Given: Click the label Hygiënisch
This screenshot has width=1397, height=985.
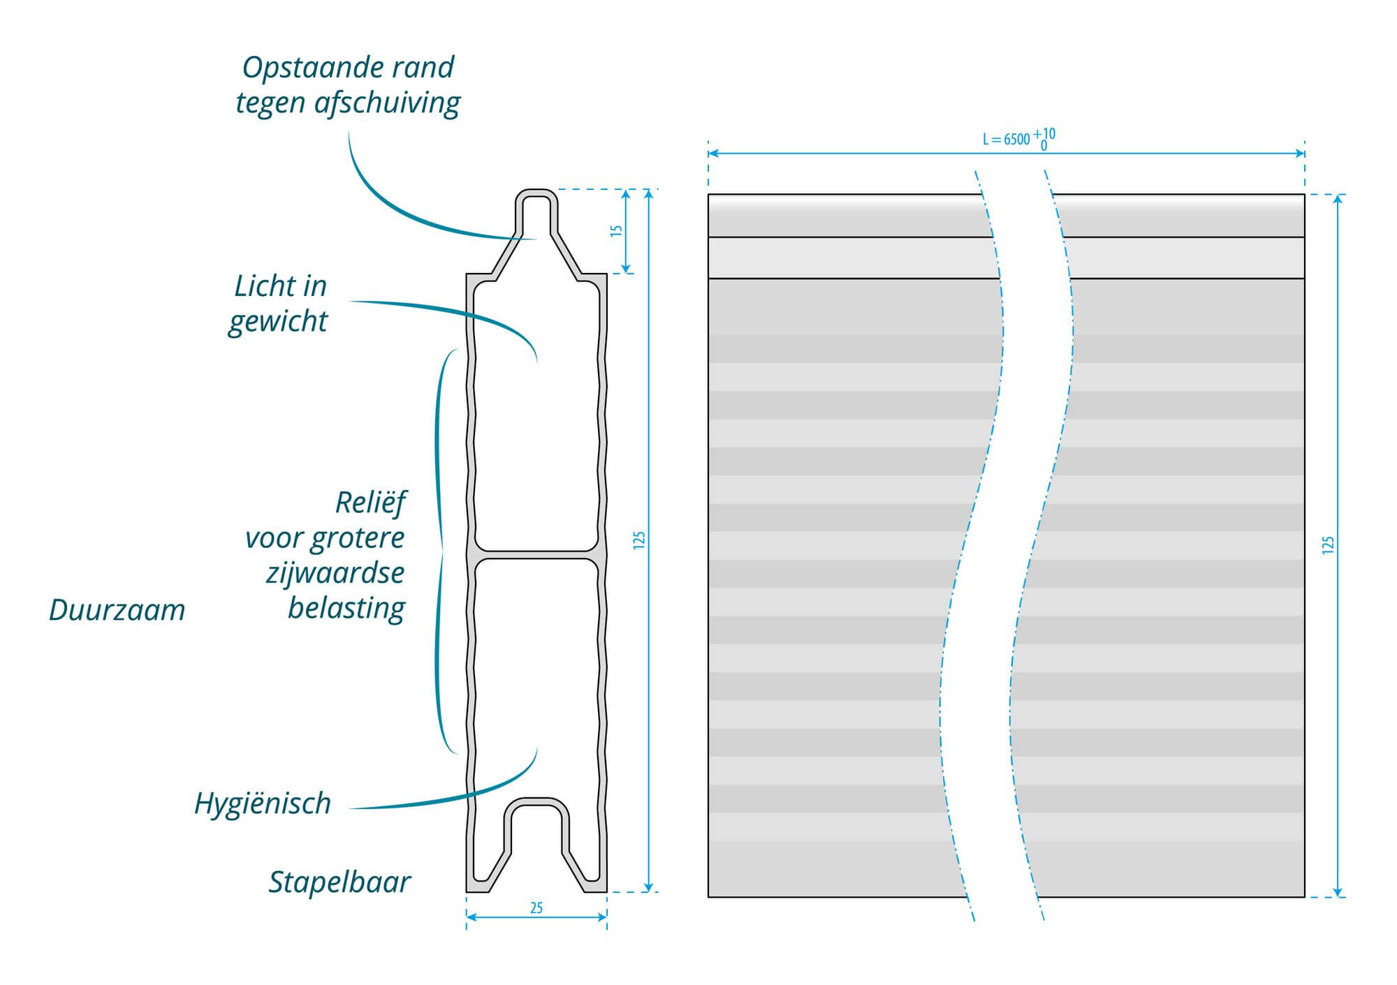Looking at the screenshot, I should click(x=262, y=803).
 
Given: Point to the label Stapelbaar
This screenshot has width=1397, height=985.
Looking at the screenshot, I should click(x=339, y=882).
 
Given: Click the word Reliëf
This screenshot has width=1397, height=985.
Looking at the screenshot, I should click(x=370, y=503).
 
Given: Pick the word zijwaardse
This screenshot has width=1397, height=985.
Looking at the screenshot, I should click(x=335, y=573).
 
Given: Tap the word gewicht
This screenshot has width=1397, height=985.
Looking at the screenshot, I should click(x=277, y=322).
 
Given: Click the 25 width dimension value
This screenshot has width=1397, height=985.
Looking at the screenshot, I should click(x=536, y=908).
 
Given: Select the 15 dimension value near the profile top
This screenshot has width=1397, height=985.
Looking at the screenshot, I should click(x=616, y=230).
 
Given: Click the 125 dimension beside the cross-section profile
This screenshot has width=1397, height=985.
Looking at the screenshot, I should click(x=639, y=540).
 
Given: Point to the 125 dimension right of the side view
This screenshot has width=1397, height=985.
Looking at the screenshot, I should click(x=1328, y=545).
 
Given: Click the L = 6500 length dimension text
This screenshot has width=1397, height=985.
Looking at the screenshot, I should click(x=1006, y=139).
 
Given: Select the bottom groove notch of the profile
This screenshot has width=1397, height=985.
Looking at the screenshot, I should click(x=536, y=838).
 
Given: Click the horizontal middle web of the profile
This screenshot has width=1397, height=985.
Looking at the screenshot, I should click(x=536, y=556).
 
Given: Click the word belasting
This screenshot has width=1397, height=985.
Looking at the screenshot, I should click(x=346, y=609).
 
